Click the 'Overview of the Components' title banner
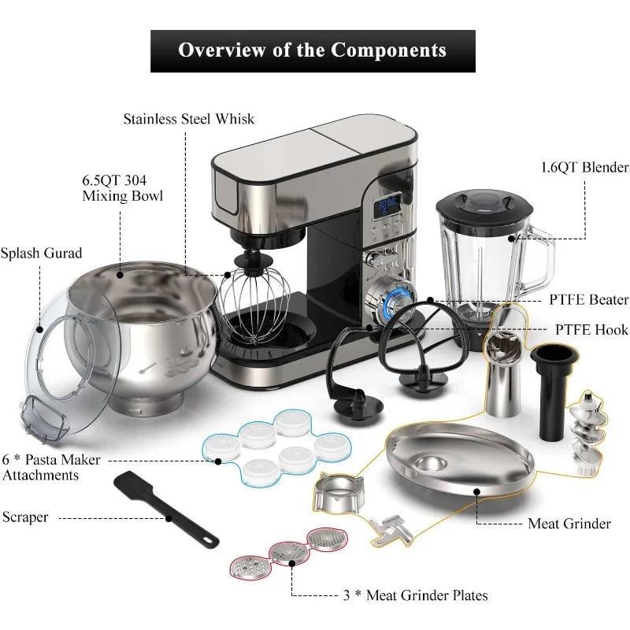click(313, 51)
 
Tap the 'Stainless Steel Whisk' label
click(189, 119)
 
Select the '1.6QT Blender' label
click(585, 167)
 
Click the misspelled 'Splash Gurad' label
click(41, 254)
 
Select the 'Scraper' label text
click(25, 517)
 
